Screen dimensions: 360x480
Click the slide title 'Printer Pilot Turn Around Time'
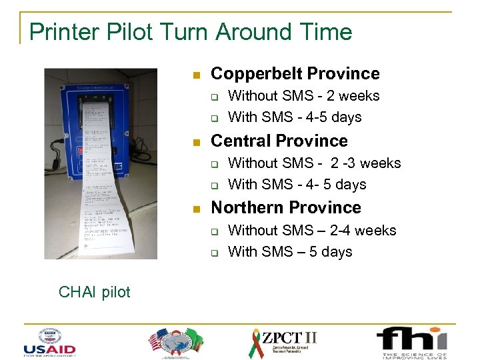tap(191, 31)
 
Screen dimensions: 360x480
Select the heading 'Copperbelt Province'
tap(295, 74)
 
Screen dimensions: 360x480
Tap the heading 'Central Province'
tap(279, 141)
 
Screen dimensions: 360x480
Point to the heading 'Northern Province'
tap(285, 207)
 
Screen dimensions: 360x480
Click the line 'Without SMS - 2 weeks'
tap(303, 96)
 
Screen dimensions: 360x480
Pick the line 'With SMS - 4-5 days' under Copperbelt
tap(295, 117)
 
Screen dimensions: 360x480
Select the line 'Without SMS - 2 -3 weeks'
tap(314, 163)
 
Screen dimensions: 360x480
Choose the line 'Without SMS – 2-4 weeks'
tap(312, 231)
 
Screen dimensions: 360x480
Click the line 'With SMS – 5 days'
tap(289, 252)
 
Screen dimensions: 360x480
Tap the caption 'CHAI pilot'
tap(95, 291)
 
